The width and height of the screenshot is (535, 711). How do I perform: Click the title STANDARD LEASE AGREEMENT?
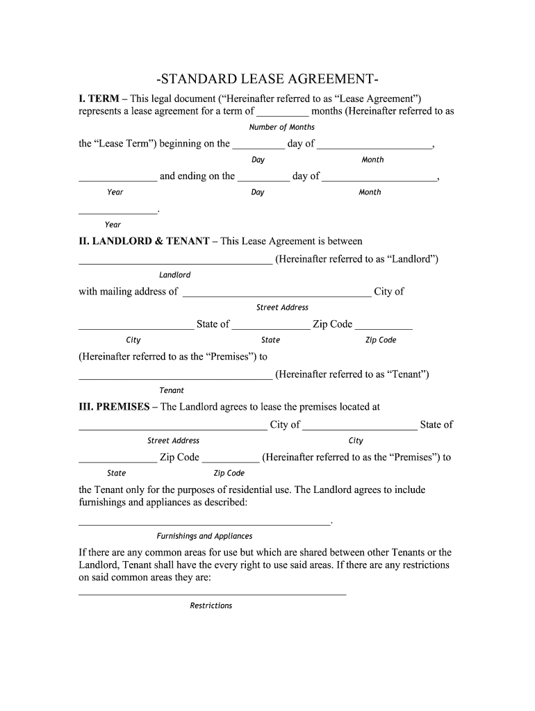(x=267, y=77)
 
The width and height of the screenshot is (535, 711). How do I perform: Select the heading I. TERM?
(x=98, y=99)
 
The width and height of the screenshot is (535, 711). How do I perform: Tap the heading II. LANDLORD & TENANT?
(x=144, y=241)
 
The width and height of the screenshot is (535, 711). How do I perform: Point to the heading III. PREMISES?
(x=114, y=407)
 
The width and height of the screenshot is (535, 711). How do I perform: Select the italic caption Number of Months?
(x=281, y=127)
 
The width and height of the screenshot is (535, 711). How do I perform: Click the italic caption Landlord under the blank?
(x=174, y=275)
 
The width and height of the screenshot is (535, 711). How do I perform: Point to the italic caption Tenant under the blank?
(x=172, y=390)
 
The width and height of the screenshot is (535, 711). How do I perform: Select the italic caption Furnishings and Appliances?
(x=204, y=536)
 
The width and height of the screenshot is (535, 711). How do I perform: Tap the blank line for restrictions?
(x=212, y=594)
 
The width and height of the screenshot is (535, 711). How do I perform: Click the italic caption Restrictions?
(x=211, y=605)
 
